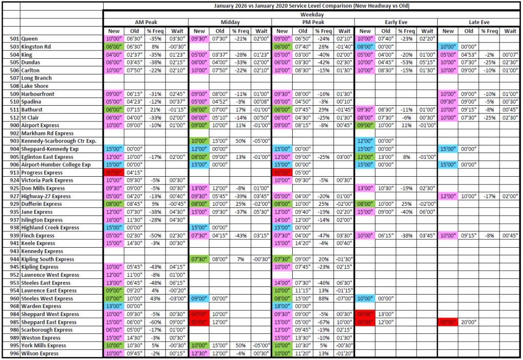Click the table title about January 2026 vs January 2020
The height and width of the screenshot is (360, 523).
pos(312,6)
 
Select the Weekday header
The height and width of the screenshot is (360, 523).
pos(312,14)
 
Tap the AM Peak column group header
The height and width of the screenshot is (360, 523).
pos(146,22)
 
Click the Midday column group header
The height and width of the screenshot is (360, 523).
pos(230,22)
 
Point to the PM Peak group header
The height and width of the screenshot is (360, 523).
pos(313,22)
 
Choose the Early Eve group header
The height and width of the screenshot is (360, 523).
pos(395,22)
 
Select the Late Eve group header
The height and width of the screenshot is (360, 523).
pos(479,22)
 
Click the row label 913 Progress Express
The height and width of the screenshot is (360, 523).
pos(43,173)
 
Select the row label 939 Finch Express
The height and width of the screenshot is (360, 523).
pos(38,235)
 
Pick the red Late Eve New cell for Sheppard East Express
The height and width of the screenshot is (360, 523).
pos(448,322)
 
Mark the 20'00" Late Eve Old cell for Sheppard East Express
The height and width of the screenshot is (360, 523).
pos(469,322)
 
